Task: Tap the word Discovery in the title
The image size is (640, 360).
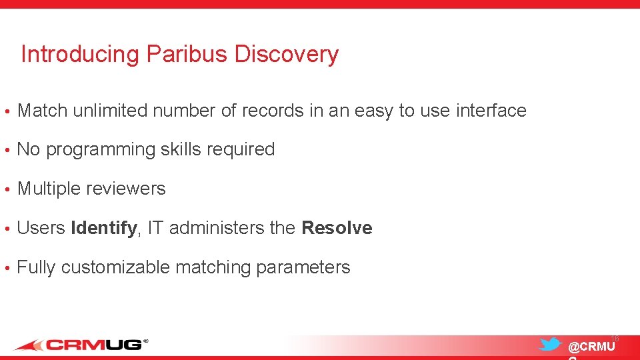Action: click(x=287, y=54)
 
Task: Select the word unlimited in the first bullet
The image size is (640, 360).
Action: click(x=110, y=111)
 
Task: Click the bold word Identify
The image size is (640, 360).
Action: click(x=103, y=229)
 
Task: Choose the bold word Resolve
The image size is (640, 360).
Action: click(x=337, y=228)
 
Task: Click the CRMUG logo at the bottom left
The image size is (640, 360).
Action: click(x=80, y=345)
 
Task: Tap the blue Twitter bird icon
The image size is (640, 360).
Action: click(x=550, y=344)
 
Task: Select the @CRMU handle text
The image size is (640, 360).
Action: click(x=591, y=347)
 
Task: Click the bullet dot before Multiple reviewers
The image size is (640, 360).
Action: click(x=6, y=189)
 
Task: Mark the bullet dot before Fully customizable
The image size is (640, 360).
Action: click(x=6, y=268)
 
